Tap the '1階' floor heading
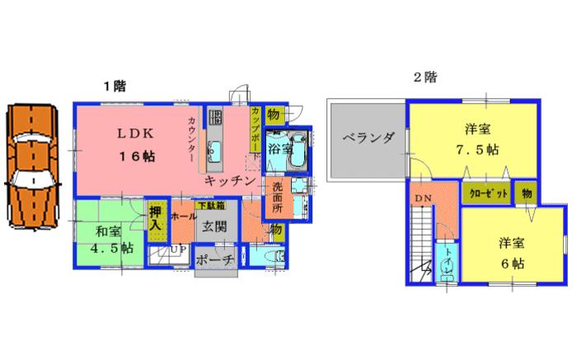coord(114,85)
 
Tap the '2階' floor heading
coord(425,79)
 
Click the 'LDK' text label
coord(134,133)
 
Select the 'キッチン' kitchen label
coord(232,179)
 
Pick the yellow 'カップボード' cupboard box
coord(256,130)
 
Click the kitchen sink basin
coord(216,150)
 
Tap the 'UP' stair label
coord(176,250)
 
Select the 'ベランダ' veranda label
coord(366,138)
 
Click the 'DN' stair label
coord(423,199)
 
